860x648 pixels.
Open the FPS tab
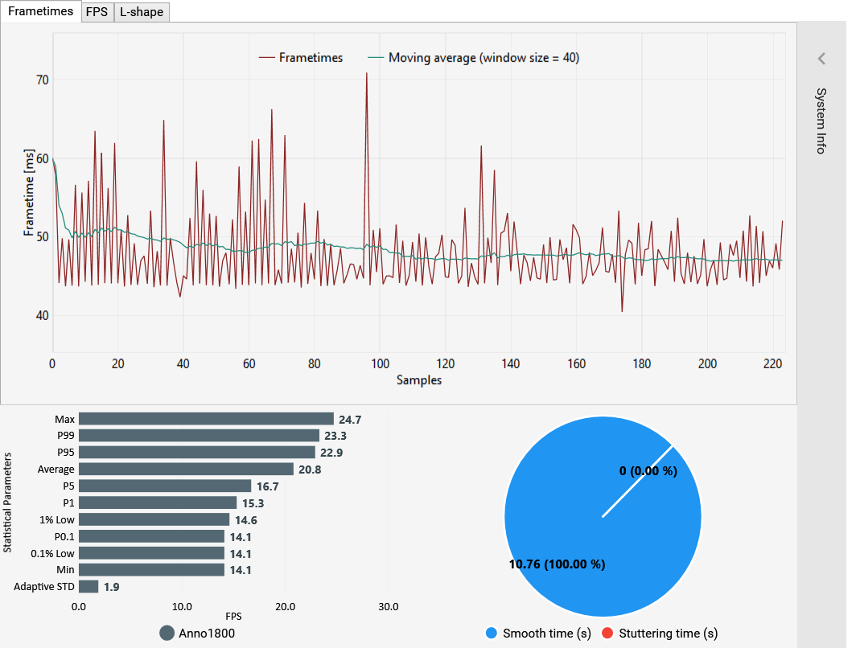coord(97,11)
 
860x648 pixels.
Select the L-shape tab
coord(141,11)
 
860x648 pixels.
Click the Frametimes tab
coord(40,11)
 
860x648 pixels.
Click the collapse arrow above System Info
coord(821,59)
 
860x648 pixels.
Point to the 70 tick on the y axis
coord(42,80)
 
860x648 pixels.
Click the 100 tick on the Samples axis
coord(380,363)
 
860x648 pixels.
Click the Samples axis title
coord(418,379)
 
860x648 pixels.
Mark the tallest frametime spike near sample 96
coord(367,74)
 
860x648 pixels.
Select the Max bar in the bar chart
coord(206,419)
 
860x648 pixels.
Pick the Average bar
coord(186,470)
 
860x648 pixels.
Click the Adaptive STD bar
coord(88,587)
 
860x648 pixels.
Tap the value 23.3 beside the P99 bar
coord(333,436)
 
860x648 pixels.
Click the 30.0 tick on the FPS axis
coord(389,606)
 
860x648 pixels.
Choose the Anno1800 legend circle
coord(167,633)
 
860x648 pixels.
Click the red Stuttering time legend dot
coord(607,634)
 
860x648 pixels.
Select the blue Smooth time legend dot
coord(492,634)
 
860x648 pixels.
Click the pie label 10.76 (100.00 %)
coord(557,564)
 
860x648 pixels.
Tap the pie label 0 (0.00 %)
coord(648,471)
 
